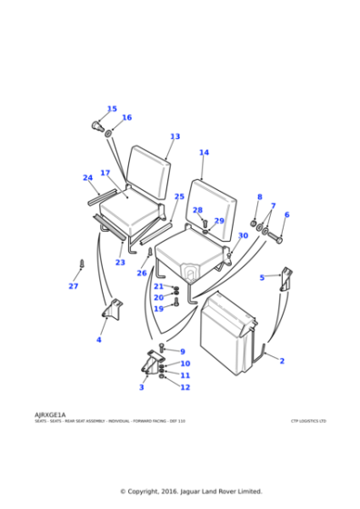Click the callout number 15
click(112, 109)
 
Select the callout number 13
click(175, 137)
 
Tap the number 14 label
click(204, 153)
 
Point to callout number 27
click(74, 286)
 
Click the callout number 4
click(99, 340)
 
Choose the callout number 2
click(282, 361)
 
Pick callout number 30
click(243, 235)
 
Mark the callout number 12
click(185, 387)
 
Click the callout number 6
click(286, 215)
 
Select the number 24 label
click(88, 178)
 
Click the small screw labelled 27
click(81, 265)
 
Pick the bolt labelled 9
click(162, 348)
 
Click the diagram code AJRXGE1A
click(50, 414)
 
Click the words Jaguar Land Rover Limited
click(220, 491)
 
